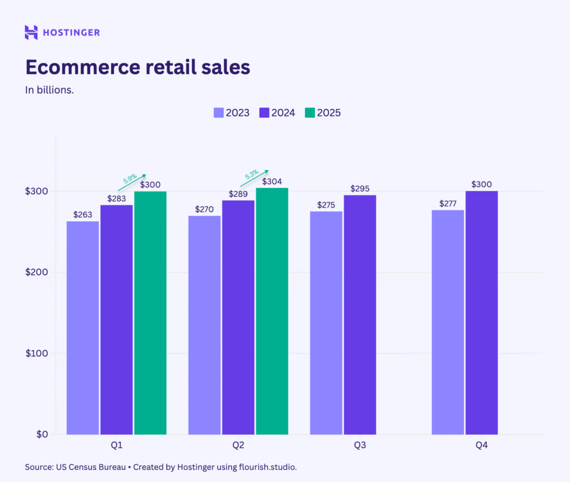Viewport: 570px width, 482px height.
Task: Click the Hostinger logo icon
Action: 31,32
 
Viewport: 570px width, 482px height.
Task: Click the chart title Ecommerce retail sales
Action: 137,67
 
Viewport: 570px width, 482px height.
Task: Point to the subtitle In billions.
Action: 50,90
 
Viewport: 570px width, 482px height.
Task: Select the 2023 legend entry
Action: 232,113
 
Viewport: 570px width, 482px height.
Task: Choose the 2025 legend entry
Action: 323,113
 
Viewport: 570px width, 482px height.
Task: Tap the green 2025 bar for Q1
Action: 150,312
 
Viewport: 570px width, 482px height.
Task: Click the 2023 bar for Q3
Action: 326,323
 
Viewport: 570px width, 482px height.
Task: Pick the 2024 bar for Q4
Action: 481,312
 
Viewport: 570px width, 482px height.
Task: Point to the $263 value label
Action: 83,215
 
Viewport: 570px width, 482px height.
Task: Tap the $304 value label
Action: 271,181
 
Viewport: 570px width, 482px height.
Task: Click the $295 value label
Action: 360,188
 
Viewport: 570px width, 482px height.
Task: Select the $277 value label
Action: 448,203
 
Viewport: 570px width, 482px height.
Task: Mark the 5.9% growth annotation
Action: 130,179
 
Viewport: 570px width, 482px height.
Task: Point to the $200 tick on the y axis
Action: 36,272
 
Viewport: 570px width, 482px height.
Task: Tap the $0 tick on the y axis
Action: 41,434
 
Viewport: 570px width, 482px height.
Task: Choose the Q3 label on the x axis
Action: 360,446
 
